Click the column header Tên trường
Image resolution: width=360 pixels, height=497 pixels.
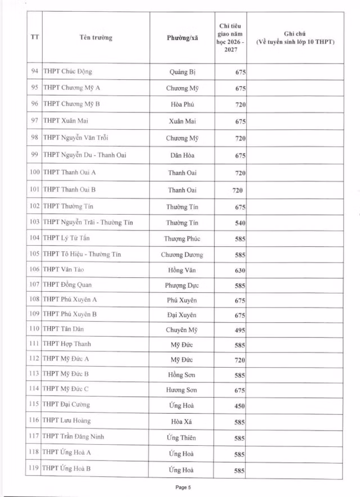[96, 38]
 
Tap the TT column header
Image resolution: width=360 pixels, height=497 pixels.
[33, 38]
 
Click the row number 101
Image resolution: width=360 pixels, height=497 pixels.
[34, 190]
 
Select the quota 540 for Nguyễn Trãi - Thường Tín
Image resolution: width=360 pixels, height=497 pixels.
[240, 223]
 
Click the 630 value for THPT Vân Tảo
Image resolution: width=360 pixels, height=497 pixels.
[240, 270]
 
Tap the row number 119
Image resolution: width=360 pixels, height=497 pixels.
[34, 468]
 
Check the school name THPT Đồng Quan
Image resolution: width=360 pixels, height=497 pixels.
[67, 284]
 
